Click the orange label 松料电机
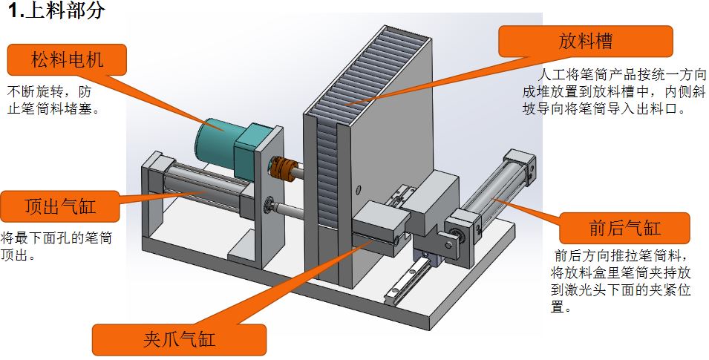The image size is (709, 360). pos(67,59)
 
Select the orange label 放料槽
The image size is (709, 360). pos(586,41)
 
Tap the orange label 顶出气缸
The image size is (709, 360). pos(60,206)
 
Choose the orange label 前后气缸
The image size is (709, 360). pos(625,228)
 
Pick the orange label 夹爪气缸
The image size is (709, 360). pos(179,339)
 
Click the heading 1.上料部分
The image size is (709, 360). pos(57,10)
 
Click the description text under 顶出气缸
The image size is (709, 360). pos(56,246)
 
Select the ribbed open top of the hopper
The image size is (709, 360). pos(366,72)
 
